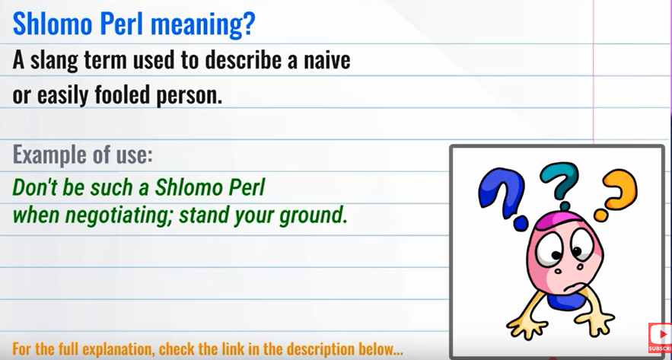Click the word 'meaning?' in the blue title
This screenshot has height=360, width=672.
click(x=202, y=25)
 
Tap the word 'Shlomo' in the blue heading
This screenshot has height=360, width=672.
click(x=53, y=24)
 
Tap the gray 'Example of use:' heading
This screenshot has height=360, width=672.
click(x=83, y=155)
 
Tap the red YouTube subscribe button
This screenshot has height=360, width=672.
click(x=660, y=338)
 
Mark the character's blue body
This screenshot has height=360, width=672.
click(x=566, y=301)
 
